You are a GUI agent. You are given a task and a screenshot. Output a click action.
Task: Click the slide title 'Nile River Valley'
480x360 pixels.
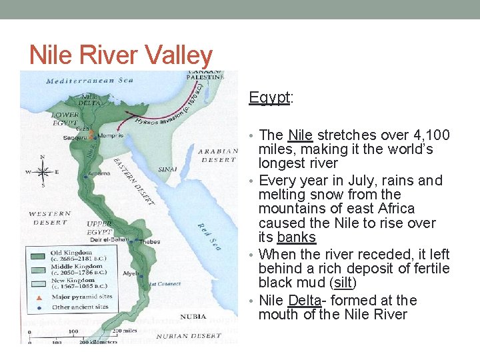pos(121,55)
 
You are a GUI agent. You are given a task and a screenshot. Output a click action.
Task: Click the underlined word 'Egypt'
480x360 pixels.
pos(269,97)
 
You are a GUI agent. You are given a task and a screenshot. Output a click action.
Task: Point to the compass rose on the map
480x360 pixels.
pos(43,171)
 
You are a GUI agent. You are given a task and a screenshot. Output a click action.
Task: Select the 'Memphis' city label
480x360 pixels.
pos(112,135)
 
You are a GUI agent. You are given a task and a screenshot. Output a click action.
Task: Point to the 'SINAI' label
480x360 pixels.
pos(168,169)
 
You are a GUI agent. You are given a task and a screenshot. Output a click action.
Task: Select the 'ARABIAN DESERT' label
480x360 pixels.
pos(217,155)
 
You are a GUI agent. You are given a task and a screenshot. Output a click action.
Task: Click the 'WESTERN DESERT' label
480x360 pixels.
pos(49,218)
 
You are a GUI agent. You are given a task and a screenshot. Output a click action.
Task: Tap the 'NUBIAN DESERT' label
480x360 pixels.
pos(190,335)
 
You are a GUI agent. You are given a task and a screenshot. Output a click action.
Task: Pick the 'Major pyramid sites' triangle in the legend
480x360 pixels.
pos(39,297)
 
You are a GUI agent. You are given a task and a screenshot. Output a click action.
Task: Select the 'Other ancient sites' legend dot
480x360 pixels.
pos(39,307)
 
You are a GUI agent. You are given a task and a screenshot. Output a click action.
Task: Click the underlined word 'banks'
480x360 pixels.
pos(296,238)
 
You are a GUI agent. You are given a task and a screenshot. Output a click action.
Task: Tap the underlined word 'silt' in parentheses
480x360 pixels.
pos(343,283)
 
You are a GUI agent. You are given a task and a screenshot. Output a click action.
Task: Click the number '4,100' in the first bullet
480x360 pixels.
pos(427,135)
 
